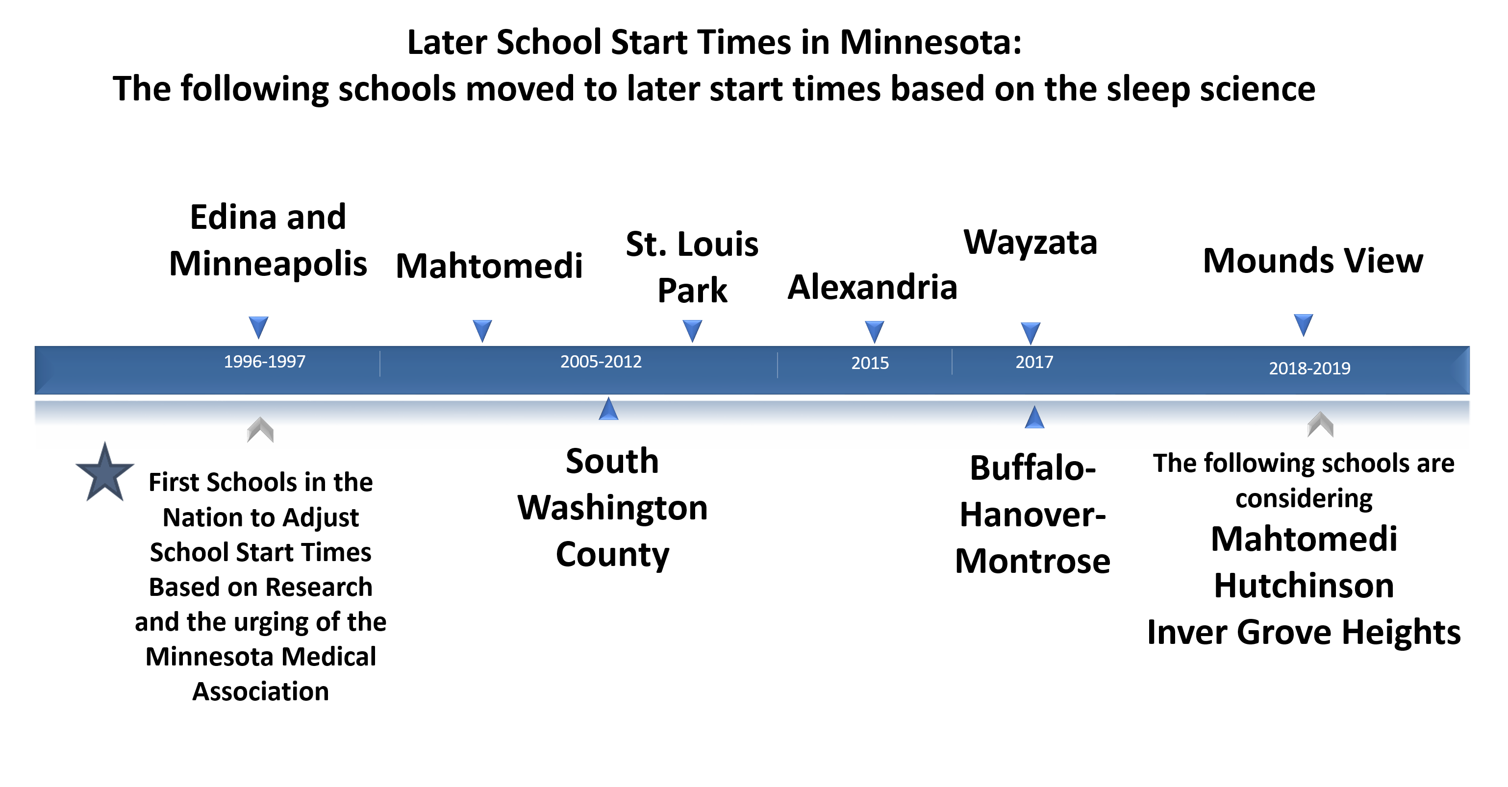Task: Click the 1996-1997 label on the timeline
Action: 265,361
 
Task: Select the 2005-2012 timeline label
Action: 601,361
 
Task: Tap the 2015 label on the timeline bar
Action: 870,363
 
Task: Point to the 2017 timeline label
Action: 1034,362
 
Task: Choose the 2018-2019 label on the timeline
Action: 1309,368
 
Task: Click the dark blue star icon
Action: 105,473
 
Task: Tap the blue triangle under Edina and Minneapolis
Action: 258,327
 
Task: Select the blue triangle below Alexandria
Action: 874,332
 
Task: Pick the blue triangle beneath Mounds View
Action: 1303,325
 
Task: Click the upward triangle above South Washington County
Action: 609,409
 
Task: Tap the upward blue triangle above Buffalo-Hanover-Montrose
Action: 1034,417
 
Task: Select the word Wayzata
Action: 1030,242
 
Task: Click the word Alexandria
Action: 872,287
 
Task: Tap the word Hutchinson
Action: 1304,585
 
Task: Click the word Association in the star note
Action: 260,691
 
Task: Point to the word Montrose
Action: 1032,561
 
